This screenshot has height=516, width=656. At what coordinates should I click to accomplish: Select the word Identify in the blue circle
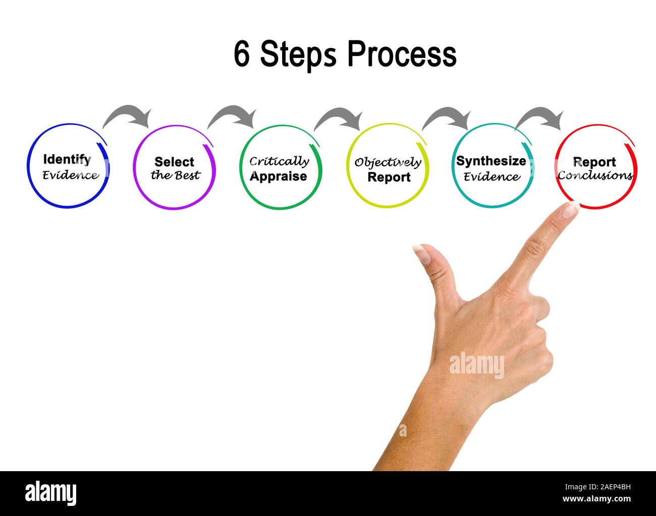pos(67,160)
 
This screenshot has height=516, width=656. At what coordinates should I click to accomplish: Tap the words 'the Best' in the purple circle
pos(175,175)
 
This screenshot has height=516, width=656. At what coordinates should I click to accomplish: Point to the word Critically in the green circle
pos(279,161)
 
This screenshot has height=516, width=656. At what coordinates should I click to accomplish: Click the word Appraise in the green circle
pos(278,176)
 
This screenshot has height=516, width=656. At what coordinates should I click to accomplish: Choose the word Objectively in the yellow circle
pos(388,162)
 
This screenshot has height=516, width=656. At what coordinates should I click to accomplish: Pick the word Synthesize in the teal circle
pos(491,161)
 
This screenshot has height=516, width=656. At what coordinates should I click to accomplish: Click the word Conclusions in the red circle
pos(595,175)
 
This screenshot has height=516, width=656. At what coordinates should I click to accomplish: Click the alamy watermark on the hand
pos(476,365)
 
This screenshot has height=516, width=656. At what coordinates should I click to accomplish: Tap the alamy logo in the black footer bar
pos(51,493)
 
